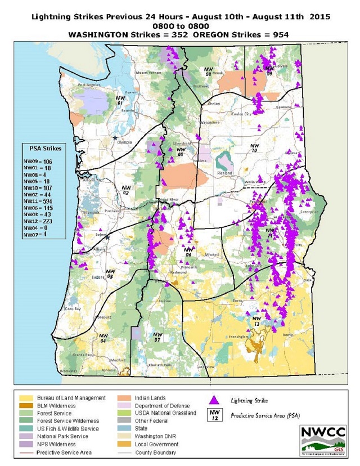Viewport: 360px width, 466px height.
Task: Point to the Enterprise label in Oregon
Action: click(310, 212)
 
